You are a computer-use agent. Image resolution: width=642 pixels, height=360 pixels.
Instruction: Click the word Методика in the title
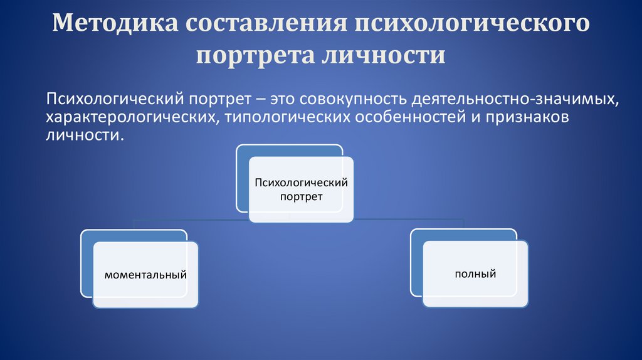(x=115, y=23)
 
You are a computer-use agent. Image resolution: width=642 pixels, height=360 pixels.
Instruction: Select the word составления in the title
(x=266, y=23)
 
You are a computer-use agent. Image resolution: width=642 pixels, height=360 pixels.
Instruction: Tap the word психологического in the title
(x=471, y=23)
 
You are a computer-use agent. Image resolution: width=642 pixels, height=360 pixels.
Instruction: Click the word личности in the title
(x=383, y=56)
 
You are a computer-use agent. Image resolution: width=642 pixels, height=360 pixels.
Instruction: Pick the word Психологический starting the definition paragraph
(x=116, y=99)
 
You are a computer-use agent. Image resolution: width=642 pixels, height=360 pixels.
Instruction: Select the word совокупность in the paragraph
(x=354, y=99)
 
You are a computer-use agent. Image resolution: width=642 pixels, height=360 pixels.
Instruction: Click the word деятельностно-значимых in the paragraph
(x=515, y=99)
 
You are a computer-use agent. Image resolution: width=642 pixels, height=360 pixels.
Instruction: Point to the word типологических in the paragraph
(x=287, y=117)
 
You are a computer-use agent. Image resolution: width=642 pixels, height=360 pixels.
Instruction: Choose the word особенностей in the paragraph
(x=411, y=117)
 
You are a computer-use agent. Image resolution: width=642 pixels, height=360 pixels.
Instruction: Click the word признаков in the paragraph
(x=527, y=117)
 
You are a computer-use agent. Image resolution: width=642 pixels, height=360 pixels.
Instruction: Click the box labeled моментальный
(x=145, y=275)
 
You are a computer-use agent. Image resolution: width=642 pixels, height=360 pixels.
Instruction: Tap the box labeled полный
(x=475, y=273)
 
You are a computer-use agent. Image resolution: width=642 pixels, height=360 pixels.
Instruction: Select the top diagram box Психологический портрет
(x=302, y=189)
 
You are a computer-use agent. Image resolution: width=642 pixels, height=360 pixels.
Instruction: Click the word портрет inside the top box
(x=302, y=196)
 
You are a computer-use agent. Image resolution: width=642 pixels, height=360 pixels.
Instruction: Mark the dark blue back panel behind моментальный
(x=87, y=263)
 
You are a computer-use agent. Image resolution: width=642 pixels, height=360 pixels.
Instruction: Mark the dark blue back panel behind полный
(x=416, y=262)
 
